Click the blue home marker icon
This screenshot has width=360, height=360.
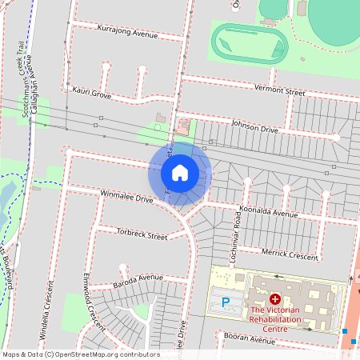[x=180, y=173]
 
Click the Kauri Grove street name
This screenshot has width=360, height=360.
[x=90, y=94]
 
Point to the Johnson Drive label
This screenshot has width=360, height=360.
[x=254, y=128]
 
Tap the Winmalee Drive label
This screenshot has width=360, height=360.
[x=126, y=196]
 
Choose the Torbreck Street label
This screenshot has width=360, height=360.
[x=142, y=236]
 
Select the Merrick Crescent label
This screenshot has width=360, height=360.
[x=290, y=252]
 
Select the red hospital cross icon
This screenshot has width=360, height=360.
[x=275, y=298]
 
